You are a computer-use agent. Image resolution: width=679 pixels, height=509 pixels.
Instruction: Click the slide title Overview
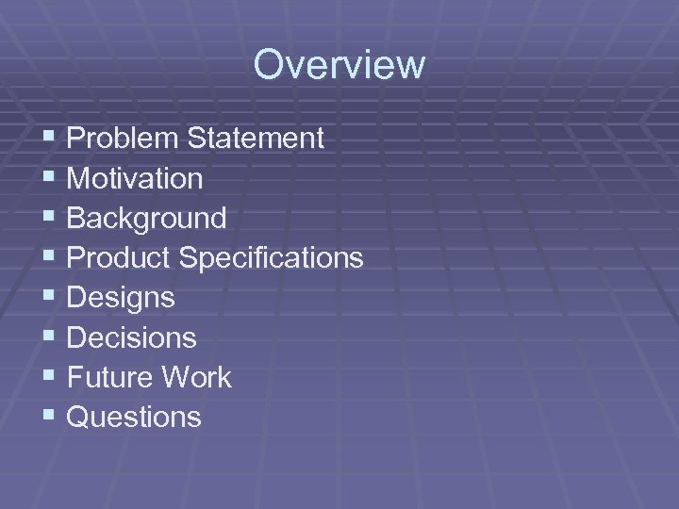[x=339, y=65]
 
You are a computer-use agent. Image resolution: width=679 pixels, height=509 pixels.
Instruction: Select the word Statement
[x=256, y=139]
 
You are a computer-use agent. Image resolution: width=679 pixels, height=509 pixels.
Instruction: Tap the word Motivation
[x=135, y=178]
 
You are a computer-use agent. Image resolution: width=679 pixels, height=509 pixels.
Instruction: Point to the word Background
[x=147, y=219]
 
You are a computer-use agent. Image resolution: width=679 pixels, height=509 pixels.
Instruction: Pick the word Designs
[x=121, y=298]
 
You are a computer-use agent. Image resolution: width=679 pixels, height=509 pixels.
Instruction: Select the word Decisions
[x=132, y=337]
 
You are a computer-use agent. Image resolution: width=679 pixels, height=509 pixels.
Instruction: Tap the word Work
[x=196, y=377]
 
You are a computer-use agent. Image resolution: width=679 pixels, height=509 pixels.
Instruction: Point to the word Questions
[x=134, y=417]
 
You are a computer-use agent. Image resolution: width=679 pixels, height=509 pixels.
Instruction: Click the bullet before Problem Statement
[x=50, y=138]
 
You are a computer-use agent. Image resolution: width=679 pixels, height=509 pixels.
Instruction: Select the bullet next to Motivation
[x=50, y=177]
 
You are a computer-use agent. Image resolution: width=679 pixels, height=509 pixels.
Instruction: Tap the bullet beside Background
[x=50, y=218]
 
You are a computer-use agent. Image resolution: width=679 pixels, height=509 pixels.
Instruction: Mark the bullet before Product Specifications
[x=50, y=257]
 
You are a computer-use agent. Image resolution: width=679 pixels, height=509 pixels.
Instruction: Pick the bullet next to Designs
[x=50, y=297]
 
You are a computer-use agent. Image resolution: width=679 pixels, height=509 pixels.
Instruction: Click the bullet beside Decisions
[x=50, y=337]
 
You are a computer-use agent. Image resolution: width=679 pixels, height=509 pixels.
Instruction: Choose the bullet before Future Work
[x=50, y=376]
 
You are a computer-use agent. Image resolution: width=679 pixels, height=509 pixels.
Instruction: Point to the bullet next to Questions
[x=50, y=416]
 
